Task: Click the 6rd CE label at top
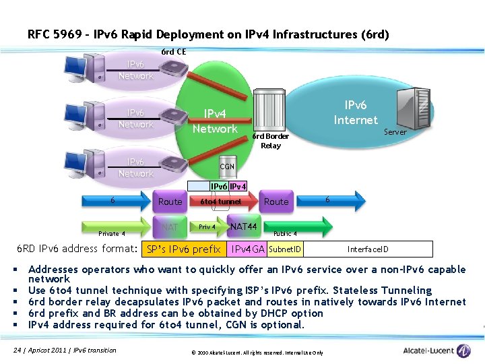point(174,52)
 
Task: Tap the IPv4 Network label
point(215,121)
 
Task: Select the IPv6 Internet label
point(356,113)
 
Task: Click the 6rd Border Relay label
point(270,141)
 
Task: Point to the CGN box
point(227,166)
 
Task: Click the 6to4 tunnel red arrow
point(220,202)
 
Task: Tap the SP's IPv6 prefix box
point(183,249)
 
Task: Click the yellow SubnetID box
point(285,249)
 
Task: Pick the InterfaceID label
point(367,249)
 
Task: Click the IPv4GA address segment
point(248,249)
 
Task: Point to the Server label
point(395,132)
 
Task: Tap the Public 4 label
point(285,233)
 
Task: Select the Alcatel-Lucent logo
point(437,351)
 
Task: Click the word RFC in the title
point(38,34)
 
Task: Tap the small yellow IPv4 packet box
point(238,186)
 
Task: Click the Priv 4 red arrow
point(208,227)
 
